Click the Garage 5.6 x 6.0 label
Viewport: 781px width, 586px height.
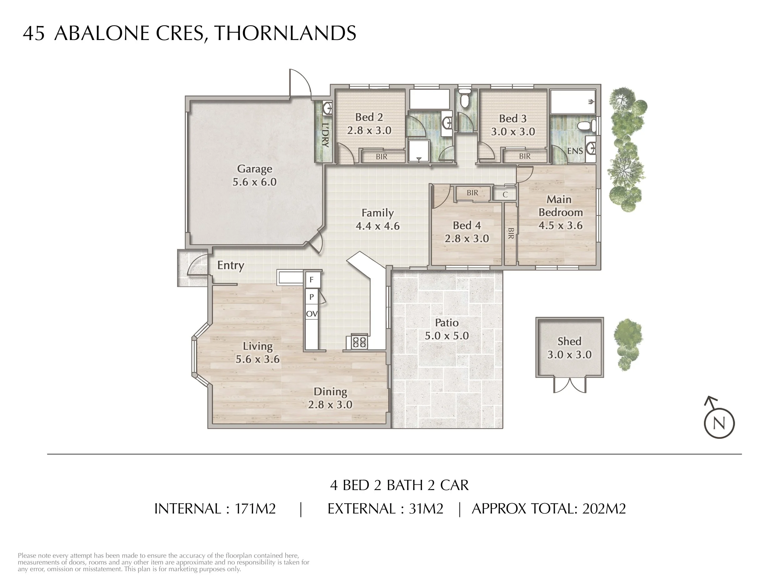click(x=254, y=176)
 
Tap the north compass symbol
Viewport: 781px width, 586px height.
click(x=719, y=423)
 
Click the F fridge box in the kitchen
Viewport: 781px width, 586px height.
click(x=312, y=280)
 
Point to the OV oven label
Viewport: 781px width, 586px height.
click(x=311, y=314)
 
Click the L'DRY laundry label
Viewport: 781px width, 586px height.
click(x=326, y=135)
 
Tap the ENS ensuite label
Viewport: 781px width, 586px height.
click(x=575, y=151)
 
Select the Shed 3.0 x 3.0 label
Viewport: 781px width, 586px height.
click(x=569, y=348)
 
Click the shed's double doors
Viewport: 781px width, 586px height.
click(x=570, y=385)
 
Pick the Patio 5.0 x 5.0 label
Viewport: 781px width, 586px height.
click(x=447, y=329)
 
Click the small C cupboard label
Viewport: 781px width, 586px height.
click(x=505, y=195)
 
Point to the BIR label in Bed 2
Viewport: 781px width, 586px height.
click(x=381, y=157)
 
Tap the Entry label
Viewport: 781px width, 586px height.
click(x=231, y=265)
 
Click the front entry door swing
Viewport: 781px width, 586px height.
click(x=197, y=266)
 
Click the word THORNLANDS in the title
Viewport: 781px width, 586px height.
click(x=285, y=33)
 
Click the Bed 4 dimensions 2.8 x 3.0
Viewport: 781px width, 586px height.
click(x=467, y=239)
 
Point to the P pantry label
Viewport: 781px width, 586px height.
click(x=311, y=297)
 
